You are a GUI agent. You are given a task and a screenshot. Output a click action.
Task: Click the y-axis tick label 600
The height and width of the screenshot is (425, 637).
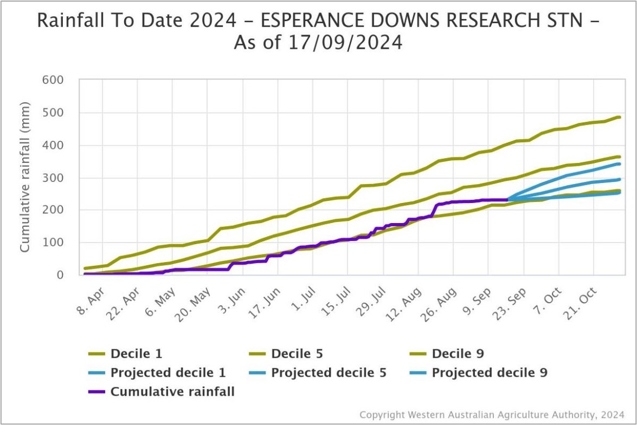53,80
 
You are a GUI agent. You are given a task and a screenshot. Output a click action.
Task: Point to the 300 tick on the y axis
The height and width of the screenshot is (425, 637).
53,178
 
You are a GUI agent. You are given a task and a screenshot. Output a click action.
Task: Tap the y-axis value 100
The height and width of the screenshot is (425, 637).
53,243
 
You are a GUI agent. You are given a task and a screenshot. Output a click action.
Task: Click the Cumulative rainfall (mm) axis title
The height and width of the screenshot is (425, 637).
25,178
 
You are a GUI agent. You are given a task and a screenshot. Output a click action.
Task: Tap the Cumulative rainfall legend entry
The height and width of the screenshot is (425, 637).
172,392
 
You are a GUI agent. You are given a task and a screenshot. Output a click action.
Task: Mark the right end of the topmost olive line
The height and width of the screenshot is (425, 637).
619,117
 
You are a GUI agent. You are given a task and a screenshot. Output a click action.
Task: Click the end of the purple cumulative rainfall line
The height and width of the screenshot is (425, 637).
507,200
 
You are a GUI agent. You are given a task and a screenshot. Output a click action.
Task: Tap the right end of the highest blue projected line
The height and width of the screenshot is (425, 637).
619,164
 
